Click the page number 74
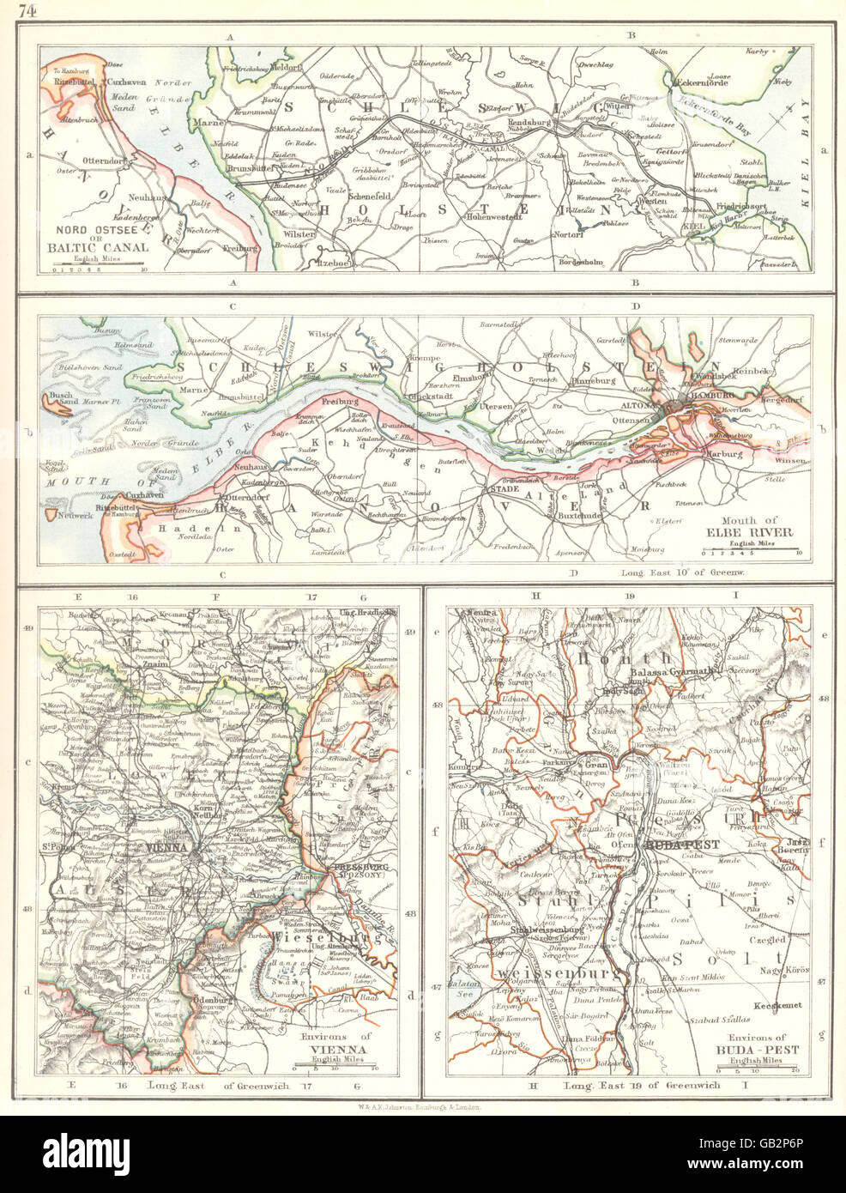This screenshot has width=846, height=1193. coord(27,10)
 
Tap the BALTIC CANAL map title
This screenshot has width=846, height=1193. coord(103,246)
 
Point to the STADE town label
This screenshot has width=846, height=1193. coord(499,489)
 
